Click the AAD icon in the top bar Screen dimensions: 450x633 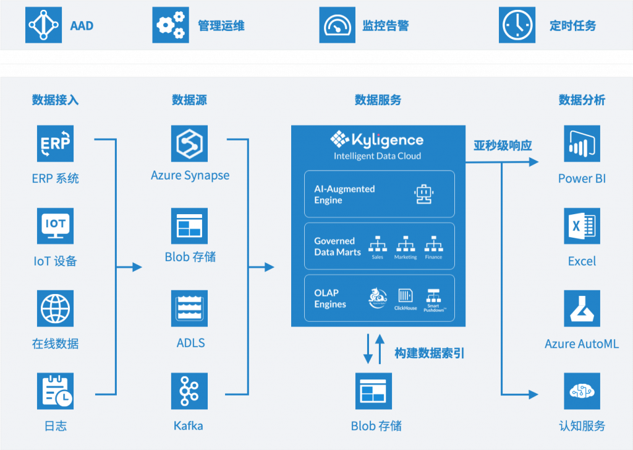tap(43, 25)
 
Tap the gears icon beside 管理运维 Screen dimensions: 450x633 tap(171, 25)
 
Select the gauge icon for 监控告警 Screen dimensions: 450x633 tap(338, 25)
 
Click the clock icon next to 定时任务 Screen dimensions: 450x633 tap(517, 25)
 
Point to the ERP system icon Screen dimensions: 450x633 tap(55, 143)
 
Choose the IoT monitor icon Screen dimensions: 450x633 tap(55, 226)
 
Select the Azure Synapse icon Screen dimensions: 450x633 tap(189, 143)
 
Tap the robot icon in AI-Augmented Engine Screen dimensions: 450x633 tap(423, 194)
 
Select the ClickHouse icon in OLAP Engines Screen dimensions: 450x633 tap(406, 296)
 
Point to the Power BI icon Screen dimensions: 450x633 tap(582, 143)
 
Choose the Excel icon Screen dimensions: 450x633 tap(582, 226)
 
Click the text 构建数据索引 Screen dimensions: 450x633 tap(429, 353)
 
